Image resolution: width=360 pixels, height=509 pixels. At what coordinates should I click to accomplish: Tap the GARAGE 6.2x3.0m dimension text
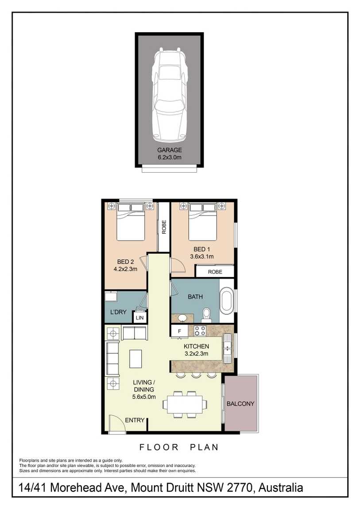point(170,154)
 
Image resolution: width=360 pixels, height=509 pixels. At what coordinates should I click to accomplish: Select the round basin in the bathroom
point(182,317)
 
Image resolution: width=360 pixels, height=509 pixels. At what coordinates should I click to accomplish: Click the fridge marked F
point(179,331)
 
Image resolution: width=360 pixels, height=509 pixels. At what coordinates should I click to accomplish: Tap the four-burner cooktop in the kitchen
point(200,331)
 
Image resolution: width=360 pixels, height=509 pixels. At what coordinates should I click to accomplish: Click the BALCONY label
point(240,404)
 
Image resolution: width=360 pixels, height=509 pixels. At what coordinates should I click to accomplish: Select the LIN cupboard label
point(140,318)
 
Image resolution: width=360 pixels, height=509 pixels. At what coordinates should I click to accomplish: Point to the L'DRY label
point(118,312)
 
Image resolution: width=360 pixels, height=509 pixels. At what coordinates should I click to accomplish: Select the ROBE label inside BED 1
point(215,272)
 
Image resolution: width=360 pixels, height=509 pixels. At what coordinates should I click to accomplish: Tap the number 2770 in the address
point(240,488)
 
